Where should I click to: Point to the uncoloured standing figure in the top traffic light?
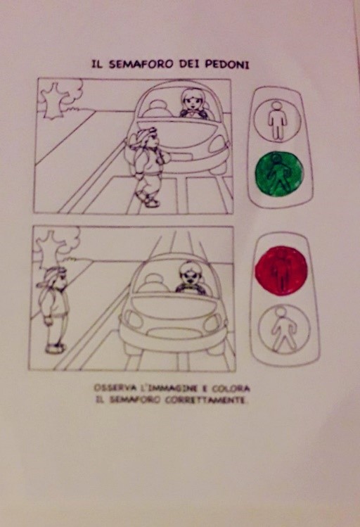coord(277,121)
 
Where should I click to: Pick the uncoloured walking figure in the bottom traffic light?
coord(283,330)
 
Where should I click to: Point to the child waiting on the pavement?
coord(54,310)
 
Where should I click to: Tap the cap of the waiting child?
coord(53,276)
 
